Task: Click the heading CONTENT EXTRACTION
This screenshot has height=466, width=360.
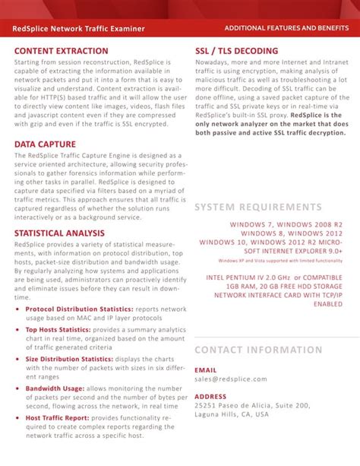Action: click(x=61, y=51)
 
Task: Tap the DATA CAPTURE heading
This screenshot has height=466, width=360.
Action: click(x=45, y=143)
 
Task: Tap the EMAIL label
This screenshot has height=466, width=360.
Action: click(x=206, y=369)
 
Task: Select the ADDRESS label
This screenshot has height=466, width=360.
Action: click(x=210, y=397)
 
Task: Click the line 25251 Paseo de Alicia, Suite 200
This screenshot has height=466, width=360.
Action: click(x=252, y=406)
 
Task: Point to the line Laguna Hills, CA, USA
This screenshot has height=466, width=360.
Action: click(x=232, y=415)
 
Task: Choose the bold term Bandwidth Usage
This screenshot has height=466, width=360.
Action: click(x=55, y=388)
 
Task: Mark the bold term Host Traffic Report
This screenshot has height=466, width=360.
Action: click(x=58, y=417)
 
